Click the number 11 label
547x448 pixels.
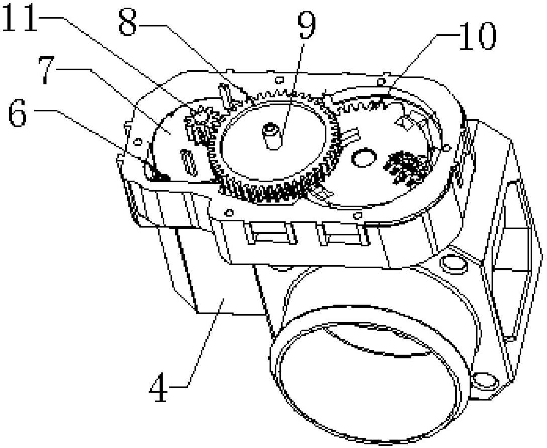pyautogui.click(x=19, y=18)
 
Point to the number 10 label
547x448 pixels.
pyautogui.click(x=477, y=36)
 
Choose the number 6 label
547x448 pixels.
pyautogui.click(x=18, y=113)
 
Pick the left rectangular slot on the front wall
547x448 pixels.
pyautogui.click(x=270, y=233)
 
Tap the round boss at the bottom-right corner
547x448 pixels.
pyautogui.click(x=483, y=380)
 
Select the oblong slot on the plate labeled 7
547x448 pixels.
pyautogui.click(x=188, y=162)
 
